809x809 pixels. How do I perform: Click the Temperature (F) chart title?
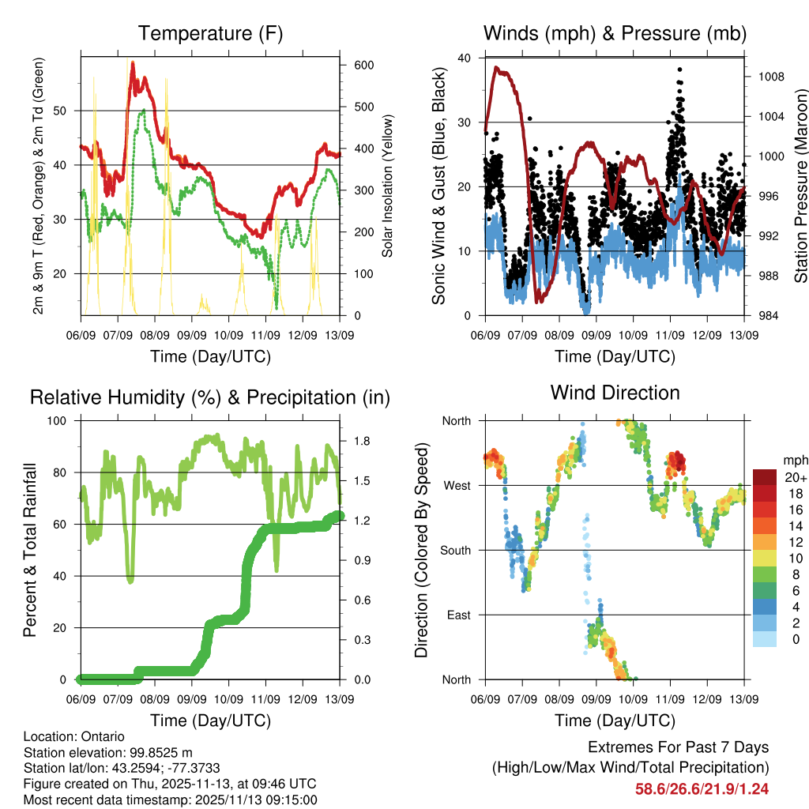click(x=210, y=33)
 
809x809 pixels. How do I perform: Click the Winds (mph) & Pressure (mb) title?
click(x=615, y=33)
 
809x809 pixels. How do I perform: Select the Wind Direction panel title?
click(x=615, y=392)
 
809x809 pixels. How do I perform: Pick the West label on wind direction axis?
click(x=456, y=485)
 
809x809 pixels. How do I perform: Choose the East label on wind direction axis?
click(x=457, y=615)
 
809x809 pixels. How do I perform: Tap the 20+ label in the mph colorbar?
click(x=795, y=477)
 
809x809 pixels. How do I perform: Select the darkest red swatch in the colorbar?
click(x=763, y=477)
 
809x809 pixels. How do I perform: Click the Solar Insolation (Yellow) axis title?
click(x=387, y=186)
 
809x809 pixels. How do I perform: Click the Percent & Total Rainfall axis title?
click(x=30, y=550)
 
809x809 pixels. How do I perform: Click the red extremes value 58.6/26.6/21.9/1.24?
click(x=702, y=788)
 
